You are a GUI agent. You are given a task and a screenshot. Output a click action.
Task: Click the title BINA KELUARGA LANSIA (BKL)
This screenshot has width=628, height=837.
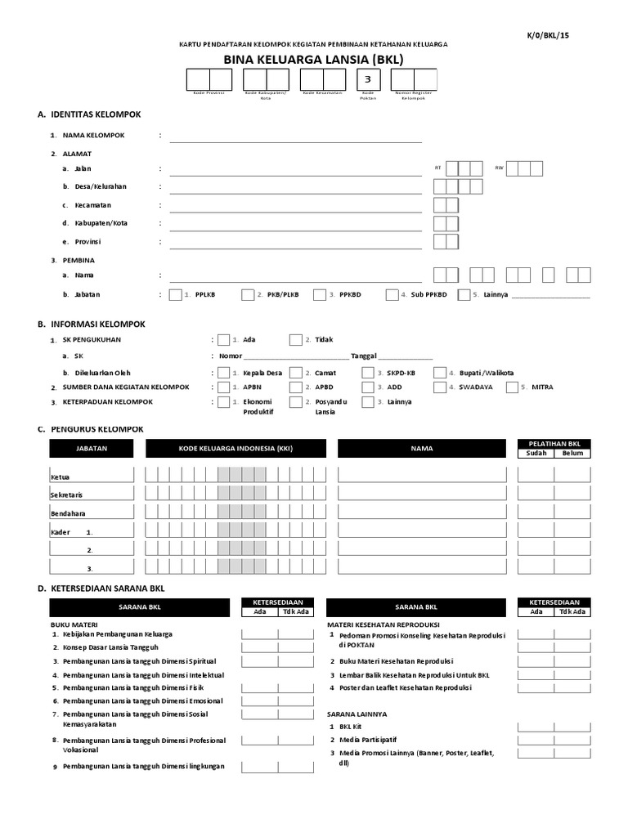coord(313,59)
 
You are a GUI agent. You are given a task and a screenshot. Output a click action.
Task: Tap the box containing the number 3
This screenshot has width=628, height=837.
coord(368,79)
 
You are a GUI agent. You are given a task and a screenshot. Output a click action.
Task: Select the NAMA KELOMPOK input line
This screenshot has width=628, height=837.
coord(295,136)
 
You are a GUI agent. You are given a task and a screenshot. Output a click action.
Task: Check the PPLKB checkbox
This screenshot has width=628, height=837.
coord(175,295)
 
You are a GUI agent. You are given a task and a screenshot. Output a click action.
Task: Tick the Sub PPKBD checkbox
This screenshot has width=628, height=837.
coord(392,295)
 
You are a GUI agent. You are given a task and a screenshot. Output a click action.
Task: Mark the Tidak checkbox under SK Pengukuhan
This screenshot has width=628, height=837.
coord(295,340)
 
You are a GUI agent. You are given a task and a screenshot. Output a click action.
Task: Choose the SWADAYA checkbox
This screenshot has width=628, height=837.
coord(440,387)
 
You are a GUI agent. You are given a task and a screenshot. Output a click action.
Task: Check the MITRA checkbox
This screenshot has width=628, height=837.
coord(512,387)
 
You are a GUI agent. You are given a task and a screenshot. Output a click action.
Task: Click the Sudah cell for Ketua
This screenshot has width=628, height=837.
coord(536,474)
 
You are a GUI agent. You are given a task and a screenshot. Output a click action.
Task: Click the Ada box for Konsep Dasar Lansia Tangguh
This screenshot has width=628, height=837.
coord(259,647)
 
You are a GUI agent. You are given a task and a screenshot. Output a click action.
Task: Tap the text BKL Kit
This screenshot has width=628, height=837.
coord(351,726)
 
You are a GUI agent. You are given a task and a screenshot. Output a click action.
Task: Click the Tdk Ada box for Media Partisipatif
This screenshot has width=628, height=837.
coord(572,739)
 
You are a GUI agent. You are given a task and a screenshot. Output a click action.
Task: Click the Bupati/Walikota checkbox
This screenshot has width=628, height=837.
coord(440,373)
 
